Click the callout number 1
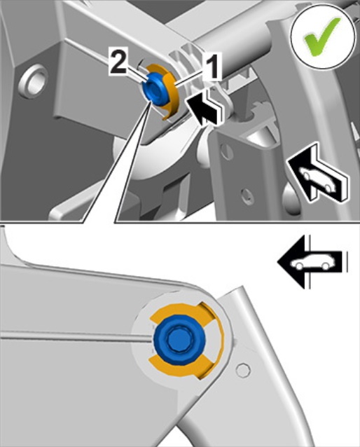click(212, 66)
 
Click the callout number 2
click(118, 62)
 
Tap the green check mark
click(321, 36)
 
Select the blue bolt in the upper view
click(155, 88)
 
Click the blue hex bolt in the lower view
click(179, 340)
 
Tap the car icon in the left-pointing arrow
click(312, 263)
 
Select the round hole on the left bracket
click(34, 81)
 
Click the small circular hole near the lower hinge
click(243, 371)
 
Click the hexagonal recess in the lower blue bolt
click(177, 339)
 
